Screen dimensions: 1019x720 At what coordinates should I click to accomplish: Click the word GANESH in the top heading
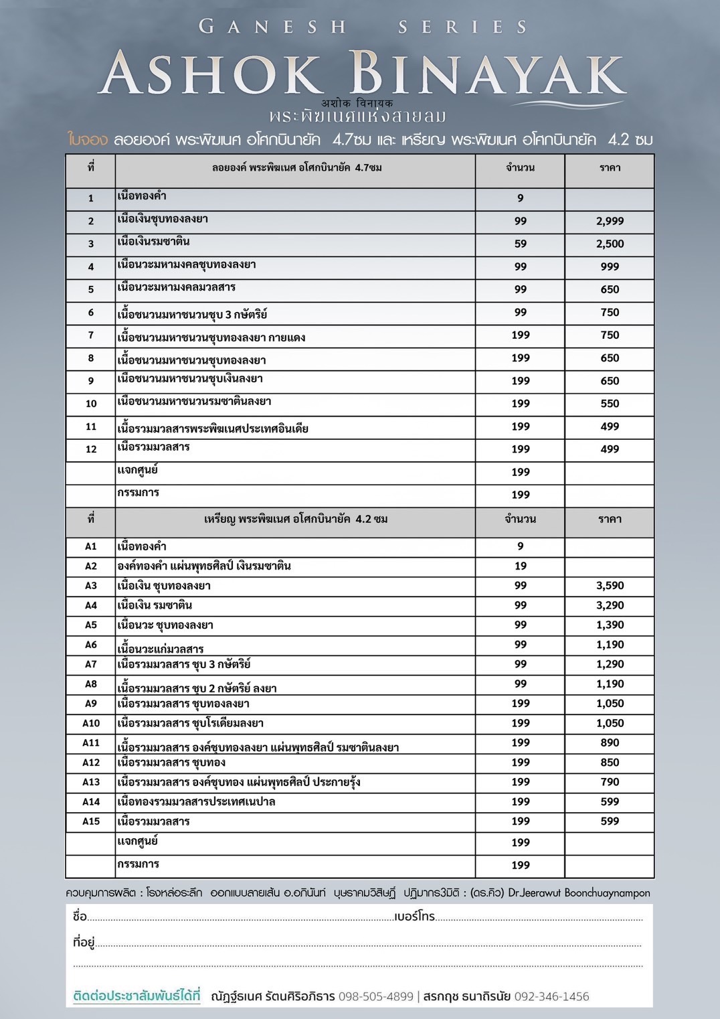(x=273, y=27)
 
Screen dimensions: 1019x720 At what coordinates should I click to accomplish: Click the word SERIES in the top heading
(x=462, y=27)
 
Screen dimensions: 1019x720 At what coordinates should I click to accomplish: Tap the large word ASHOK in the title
(x=213, y=73)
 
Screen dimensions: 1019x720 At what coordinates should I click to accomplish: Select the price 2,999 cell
(x=610, y=221)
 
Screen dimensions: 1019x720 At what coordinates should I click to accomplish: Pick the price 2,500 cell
(x=610, y=244)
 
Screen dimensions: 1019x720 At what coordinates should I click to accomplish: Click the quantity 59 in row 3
(x=520, y=244)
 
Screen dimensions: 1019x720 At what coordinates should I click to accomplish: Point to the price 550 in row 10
(x=610, y=404)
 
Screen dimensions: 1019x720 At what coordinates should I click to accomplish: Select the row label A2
(x=91, y=566)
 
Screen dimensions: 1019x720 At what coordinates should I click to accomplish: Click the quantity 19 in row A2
(x=520, y=566)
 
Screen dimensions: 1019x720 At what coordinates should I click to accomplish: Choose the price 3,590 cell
(x=610, y=586)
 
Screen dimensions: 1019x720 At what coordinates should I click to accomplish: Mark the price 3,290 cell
(x=610, y=605)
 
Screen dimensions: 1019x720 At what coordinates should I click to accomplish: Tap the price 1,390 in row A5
(x=610, y=625)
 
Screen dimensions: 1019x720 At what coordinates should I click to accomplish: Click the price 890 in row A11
(x=610, y=742)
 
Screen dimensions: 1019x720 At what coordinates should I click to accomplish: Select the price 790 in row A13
(x=610, y=782)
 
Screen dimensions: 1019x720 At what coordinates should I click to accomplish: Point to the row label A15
(x=91, y=821)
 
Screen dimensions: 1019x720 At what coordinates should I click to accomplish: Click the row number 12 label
(x=91, y=449)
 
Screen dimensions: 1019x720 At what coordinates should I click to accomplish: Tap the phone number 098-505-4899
(x=376, y=996)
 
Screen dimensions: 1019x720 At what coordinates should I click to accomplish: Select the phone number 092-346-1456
(x=551, y=996)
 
